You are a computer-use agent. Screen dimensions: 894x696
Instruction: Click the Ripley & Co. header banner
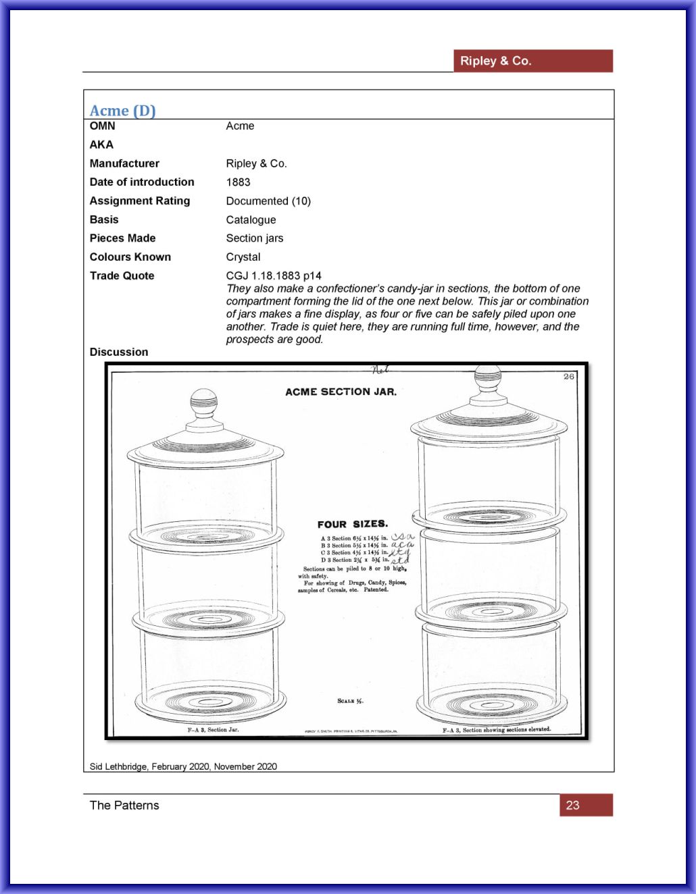click(532, 61)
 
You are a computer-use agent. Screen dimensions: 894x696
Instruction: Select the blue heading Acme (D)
click(122, 111)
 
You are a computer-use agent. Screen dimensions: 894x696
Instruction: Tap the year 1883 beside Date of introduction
click(238, 182)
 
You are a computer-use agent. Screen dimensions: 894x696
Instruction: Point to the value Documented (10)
click(268, 201)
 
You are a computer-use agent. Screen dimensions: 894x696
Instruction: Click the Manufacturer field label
click(124, 163)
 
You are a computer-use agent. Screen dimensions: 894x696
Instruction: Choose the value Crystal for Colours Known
click(243, 257)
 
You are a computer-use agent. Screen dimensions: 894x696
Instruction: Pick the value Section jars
click(255, 238)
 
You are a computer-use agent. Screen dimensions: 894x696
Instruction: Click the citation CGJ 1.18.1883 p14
click(274, 275)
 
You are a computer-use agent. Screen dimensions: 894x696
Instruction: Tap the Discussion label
click(119, 352)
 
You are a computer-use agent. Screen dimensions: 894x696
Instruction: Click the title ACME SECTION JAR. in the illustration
click(341, 392)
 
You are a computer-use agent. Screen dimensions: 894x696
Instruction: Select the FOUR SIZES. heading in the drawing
click(353, 524)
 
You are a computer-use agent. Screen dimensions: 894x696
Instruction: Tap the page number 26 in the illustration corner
click(569, 376)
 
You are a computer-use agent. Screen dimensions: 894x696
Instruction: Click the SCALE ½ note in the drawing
click(350, 701)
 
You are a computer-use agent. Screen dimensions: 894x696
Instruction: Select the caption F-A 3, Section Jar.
click(213, 730)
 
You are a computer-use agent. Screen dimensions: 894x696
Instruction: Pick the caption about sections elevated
click(497, 730)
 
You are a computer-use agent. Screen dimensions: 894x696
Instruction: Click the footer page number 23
click(573, 805)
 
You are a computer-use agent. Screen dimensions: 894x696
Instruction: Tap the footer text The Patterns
click(124, 805)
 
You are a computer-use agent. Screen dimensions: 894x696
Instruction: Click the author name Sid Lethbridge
click(119, 766)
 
